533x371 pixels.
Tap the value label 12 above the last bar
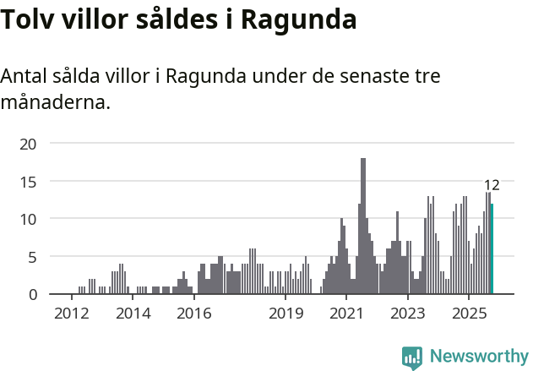tap(492, 185)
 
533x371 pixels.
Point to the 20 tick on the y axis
tap(28, 144)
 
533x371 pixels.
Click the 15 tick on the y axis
tap(28, 181)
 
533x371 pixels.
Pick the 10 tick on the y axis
tap(28, 219)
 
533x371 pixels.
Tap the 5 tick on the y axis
tap(32, 256)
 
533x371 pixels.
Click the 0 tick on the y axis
tap(32, 294)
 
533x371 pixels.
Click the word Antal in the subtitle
tap(24, 76)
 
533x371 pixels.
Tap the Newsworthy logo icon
tap(412, 357)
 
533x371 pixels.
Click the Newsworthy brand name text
tap(478, 357)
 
